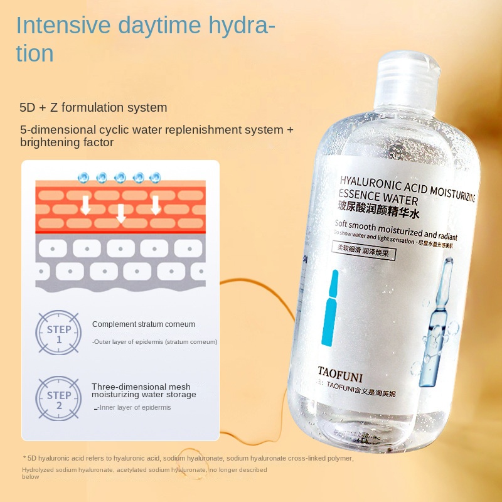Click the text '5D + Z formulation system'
click(93, 107)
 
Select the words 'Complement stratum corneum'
click(144, 324)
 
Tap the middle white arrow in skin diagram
click(121, 213)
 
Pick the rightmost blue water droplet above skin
click(155, 178)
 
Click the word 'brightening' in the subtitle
click(47, 142)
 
